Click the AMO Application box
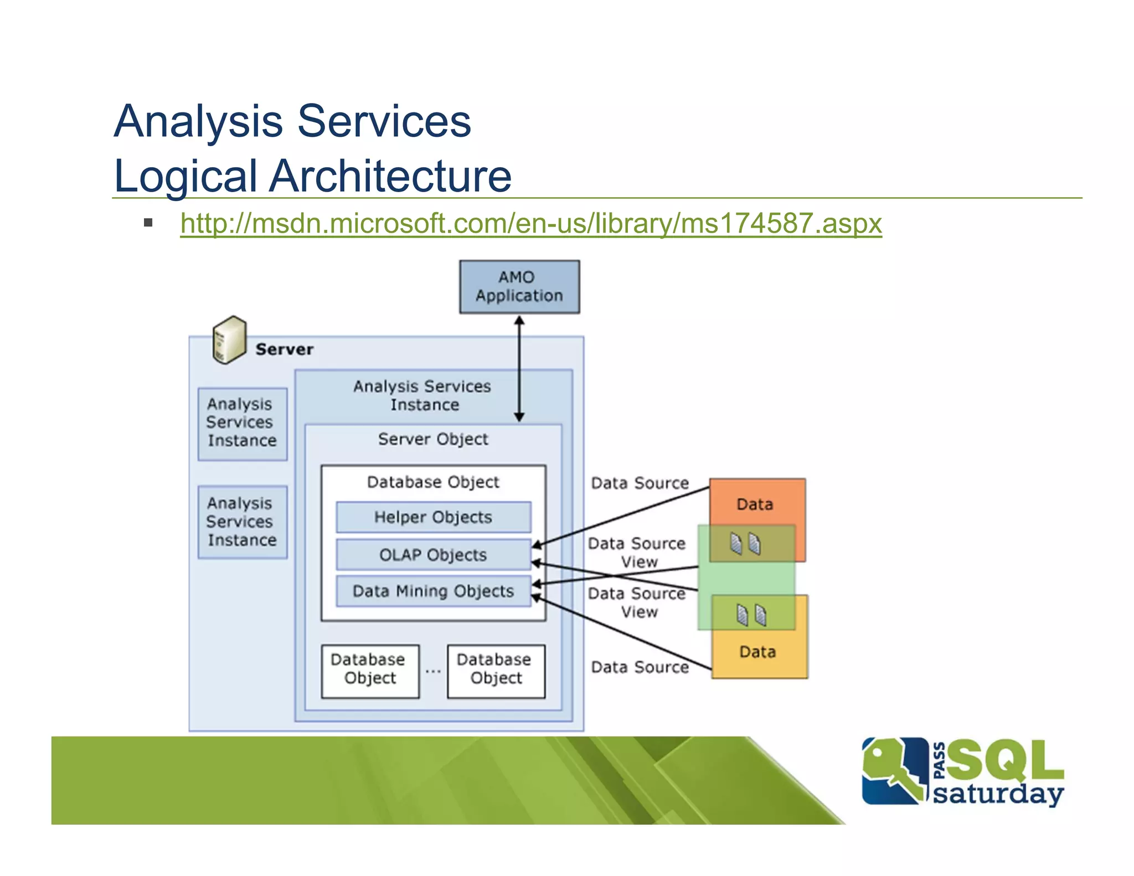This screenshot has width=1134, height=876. click(519, 287)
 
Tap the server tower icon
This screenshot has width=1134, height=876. click(229, 339)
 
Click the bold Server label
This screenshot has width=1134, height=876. click(284, 349)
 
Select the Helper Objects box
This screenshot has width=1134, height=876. click(433, 517)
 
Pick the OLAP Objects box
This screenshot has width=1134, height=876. click(433, 555)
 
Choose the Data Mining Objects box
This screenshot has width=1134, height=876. click(433, 591)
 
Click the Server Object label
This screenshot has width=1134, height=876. click(433, 439)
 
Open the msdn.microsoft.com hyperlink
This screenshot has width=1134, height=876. click(530, 224)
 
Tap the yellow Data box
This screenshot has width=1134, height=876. click(758, 652)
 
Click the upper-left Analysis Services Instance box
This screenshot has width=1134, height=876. click(242, 423)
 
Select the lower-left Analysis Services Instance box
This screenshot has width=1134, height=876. click(242, 522)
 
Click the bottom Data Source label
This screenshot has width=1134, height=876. click(640, 667)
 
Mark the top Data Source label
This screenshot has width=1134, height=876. click(640, 483)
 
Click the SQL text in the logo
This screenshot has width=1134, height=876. click(1005, 761)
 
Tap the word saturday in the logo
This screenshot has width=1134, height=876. click(998, 794)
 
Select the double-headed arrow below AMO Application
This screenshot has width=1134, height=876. click(519, 368)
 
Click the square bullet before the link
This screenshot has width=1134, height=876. click(148, 223)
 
